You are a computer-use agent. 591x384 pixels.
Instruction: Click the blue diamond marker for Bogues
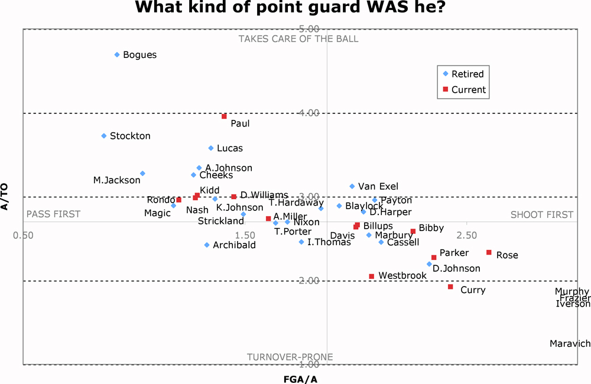point(117,54)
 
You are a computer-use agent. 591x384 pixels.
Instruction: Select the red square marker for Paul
point(224,116)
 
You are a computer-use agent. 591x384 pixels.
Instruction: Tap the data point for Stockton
point(104,136)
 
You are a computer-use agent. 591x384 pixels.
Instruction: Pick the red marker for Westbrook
point(372,276)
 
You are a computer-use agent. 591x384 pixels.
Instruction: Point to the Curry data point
point(450,287)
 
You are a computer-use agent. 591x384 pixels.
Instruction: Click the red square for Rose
point(489,252)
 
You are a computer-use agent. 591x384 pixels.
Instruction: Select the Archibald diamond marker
point(207,245)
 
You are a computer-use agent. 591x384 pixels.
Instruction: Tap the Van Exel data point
point(352,186)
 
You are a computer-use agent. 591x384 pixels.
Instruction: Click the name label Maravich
point(570,344)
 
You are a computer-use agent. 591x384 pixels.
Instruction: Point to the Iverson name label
point(573,304)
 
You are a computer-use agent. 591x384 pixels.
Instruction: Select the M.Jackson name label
point(117,180)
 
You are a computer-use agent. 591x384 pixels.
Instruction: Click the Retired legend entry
point(467,74)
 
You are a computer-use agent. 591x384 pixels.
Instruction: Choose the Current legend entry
point(468,90)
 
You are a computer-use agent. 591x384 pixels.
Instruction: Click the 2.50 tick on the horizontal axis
point(467,236)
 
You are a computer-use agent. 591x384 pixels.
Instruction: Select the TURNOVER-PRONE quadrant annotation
point(290,357)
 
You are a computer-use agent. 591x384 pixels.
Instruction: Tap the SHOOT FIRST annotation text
point(541,215)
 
